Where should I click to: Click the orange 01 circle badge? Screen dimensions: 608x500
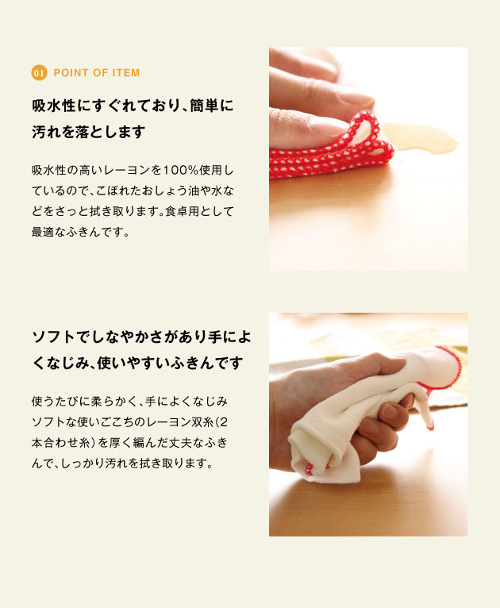coord(39,73)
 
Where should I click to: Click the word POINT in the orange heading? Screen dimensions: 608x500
coord(70,73)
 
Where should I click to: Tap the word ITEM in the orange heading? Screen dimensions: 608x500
coord(124,73)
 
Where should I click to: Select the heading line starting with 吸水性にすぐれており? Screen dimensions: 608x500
coord(133,106)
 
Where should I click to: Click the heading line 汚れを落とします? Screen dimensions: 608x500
coord(88,133)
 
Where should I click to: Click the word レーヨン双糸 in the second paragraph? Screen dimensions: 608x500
coord(183,422)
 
